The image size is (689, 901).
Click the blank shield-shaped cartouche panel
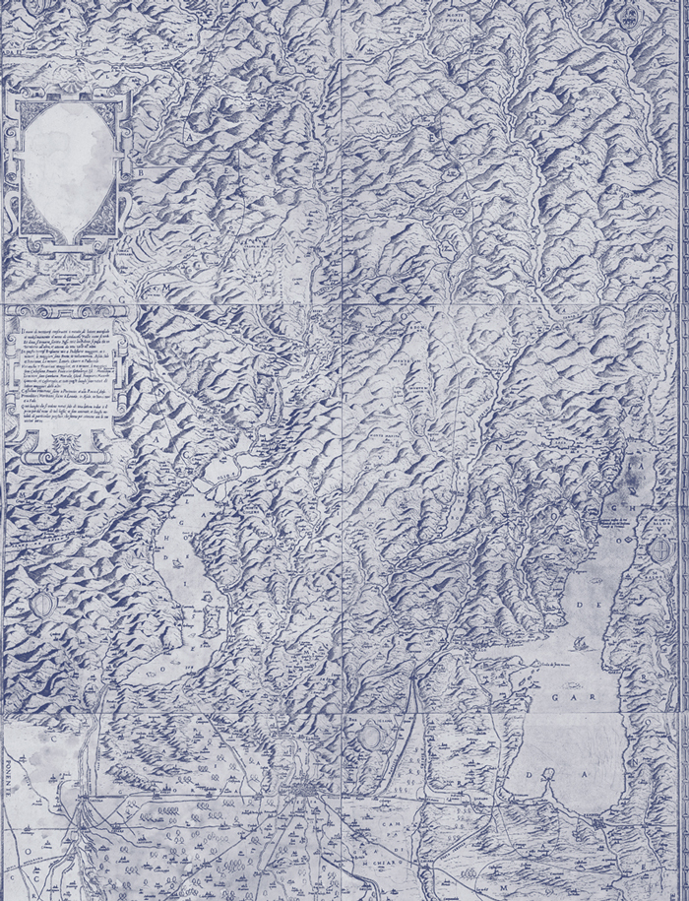65,167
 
